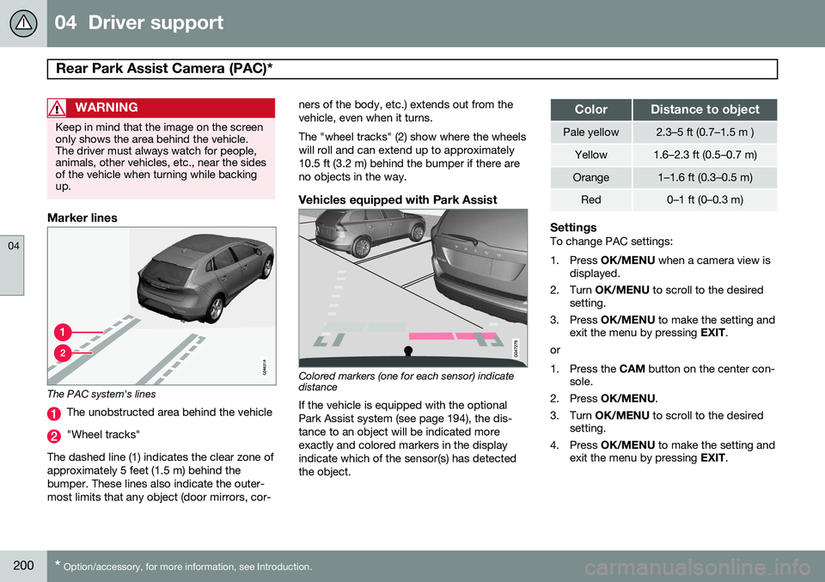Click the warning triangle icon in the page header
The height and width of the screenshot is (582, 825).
click(x=23, y=23)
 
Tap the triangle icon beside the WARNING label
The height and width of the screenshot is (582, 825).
click(x=58, y=108)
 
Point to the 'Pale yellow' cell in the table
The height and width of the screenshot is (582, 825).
click(x=590, y=132)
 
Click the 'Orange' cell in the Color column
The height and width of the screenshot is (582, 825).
click(x=590, y=177)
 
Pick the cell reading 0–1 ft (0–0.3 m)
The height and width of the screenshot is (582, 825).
click(x=706, y=199)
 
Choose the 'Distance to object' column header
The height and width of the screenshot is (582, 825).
click(x=706, y=109)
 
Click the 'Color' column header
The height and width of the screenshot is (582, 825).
click(x=590, y=109)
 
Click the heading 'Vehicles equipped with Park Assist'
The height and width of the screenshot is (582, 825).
click(x=397, y=199)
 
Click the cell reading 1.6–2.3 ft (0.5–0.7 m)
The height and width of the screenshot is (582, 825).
click(x=706, y=155)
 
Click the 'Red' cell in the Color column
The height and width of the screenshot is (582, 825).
click(x=590, y=199)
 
